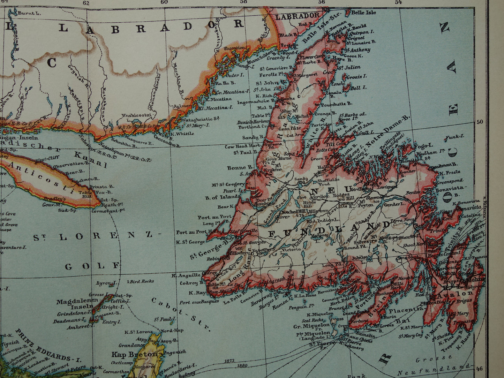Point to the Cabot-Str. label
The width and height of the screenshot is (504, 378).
(x=181, y=314)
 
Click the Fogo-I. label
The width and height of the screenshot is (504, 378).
(x=423, y=145)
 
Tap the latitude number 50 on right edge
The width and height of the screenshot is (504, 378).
(x=480, y=122)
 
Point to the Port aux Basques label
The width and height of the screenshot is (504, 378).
(x=199, y=302)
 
